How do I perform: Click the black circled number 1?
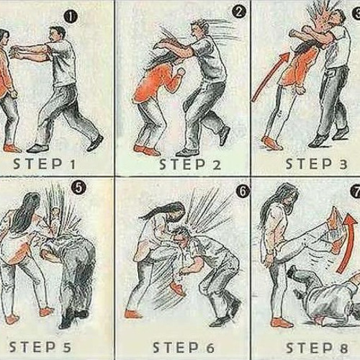tap(71, 17)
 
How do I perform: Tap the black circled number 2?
tap(239, 12)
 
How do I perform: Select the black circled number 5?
tap(79, 188)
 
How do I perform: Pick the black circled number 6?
tap(243, 192)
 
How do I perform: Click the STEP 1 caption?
tap(45, 164)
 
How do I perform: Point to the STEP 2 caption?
tap(190, 165)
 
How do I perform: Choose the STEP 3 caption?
tap(316, 164)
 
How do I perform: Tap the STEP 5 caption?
tap(40, 347)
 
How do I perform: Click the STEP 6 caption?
tap(184, 348)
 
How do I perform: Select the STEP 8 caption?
tap(317, 348)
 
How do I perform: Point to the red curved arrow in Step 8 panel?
tap(348, 243)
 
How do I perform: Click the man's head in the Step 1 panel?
tap(57, 35)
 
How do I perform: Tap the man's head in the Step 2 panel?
tap(199, 28)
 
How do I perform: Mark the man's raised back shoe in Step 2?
tap(225, 135)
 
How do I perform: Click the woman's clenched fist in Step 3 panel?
tap(300, 90)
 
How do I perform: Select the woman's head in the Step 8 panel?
tap(288, 196)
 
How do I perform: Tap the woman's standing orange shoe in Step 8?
tap(283, 323)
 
